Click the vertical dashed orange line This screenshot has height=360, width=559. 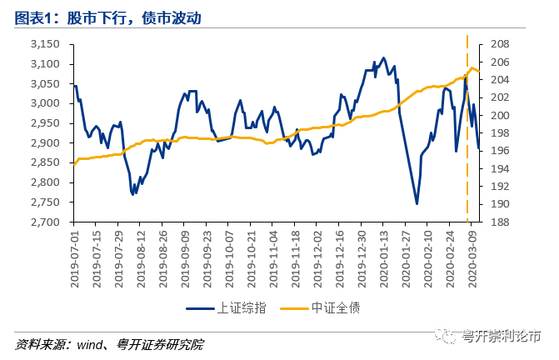(x=467, y=125)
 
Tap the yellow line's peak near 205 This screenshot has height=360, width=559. (x=472, y=67)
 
